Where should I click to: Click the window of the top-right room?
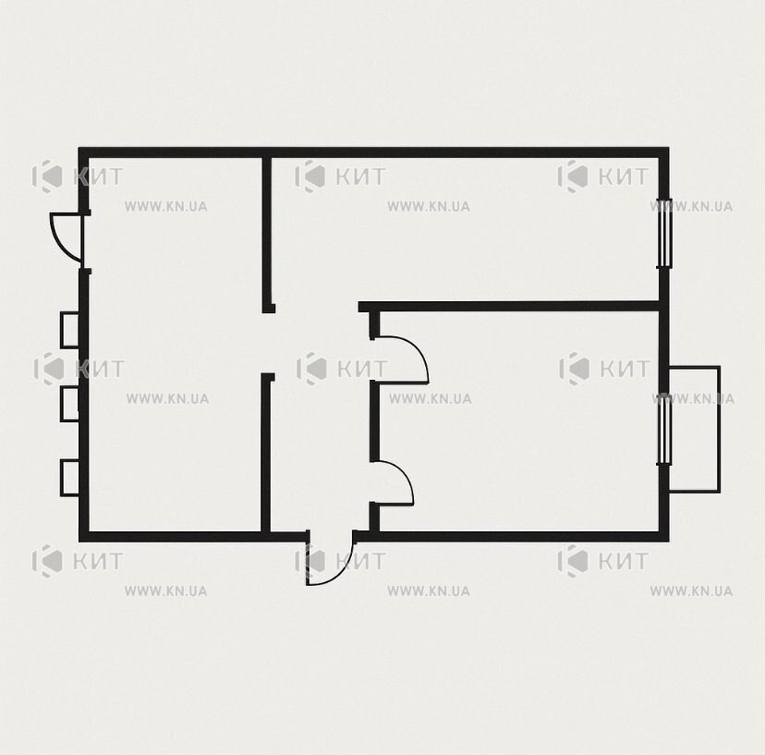(x=663, y=233)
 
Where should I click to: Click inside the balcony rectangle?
(x=695, y=429)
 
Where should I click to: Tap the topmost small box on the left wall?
(x=69, y=331)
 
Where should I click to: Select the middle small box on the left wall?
(x=69, y=404)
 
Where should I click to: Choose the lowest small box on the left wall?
(x=69, y=478)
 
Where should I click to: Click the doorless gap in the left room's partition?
(x=266, y=343)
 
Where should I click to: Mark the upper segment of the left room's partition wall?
(x=266, y=234)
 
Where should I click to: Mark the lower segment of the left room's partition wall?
(x=266, y=453)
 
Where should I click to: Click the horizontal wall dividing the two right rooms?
(x=509, y=307)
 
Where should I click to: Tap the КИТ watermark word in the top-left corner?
(x=98, y=177)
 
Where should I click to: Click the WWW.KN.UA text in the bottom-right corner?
(x=691, y=591)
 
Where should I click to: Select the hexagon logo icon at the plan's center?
(x=310, y=368)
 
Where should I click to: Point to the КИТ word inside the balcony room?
(x=625, y=369)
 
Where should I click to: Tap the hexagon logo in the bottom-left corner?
(x=47, y=561)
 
